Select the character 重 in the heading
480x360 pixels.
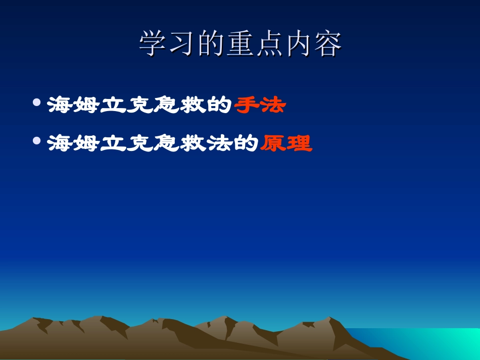click(x=240, y=45)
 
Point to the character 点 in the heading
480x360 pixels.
click(x=269, y=45)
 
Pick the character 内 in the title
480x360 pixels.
click(x=298, y=45)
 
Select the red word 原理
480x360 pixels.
click(x=286, y=144)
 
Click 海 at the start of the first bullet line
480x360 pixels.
click(x=60, y=106)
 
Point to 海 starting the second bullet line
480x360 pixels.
click(x=60, y=144)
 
